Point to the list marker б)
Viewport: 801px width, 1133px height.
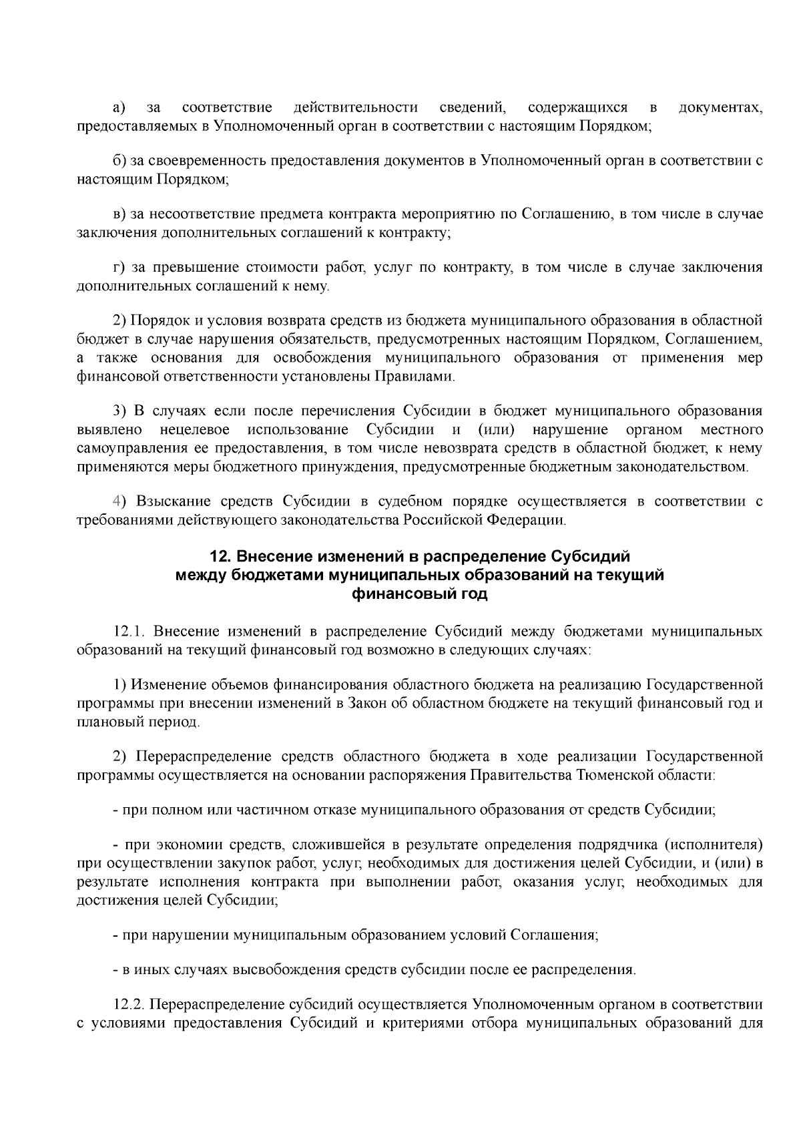[119, 161]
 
